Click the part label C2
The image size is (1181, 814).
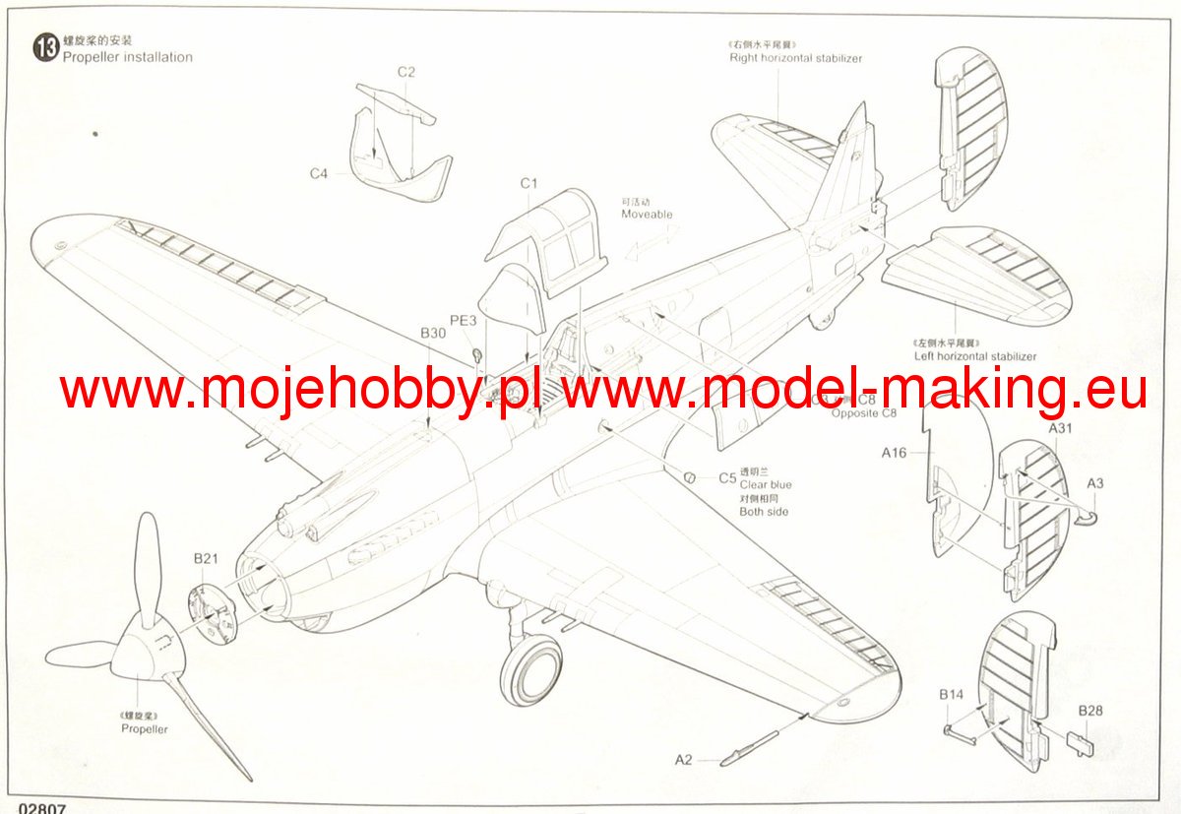tap(405, 72)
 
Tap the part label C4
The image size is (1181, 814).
tap(318, 174)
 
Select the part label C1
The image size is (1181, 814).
tap(529, 184)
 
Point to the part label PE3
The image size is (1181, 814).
tap(463, 320)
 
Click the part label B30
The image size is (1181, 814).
tap(433, 334)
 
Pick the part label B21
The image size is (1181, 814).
tap(205, 559)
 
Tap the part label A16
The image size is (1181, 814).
tap(894, 453)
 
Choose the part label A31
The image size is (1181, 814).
tap(1060, 429)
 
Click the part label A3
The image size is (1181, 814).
tap(1095, 483)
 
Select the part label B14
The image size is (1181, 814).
tap(951, 695)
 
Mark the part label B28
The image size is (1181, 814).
tap(1089, 711)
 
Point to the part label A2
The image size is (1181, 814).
tap(683, 759)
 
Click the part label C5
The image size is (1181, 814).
tap(727, 478)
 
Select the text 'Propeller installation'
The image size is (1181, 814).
tap(128, 57)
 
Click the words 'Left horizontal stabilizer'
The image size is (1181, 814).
tap(974, 356)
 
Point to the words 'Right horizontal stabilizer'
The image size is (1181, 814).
tap(795, 58)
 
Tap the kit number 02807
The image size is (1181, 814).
tap(33, 807)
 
